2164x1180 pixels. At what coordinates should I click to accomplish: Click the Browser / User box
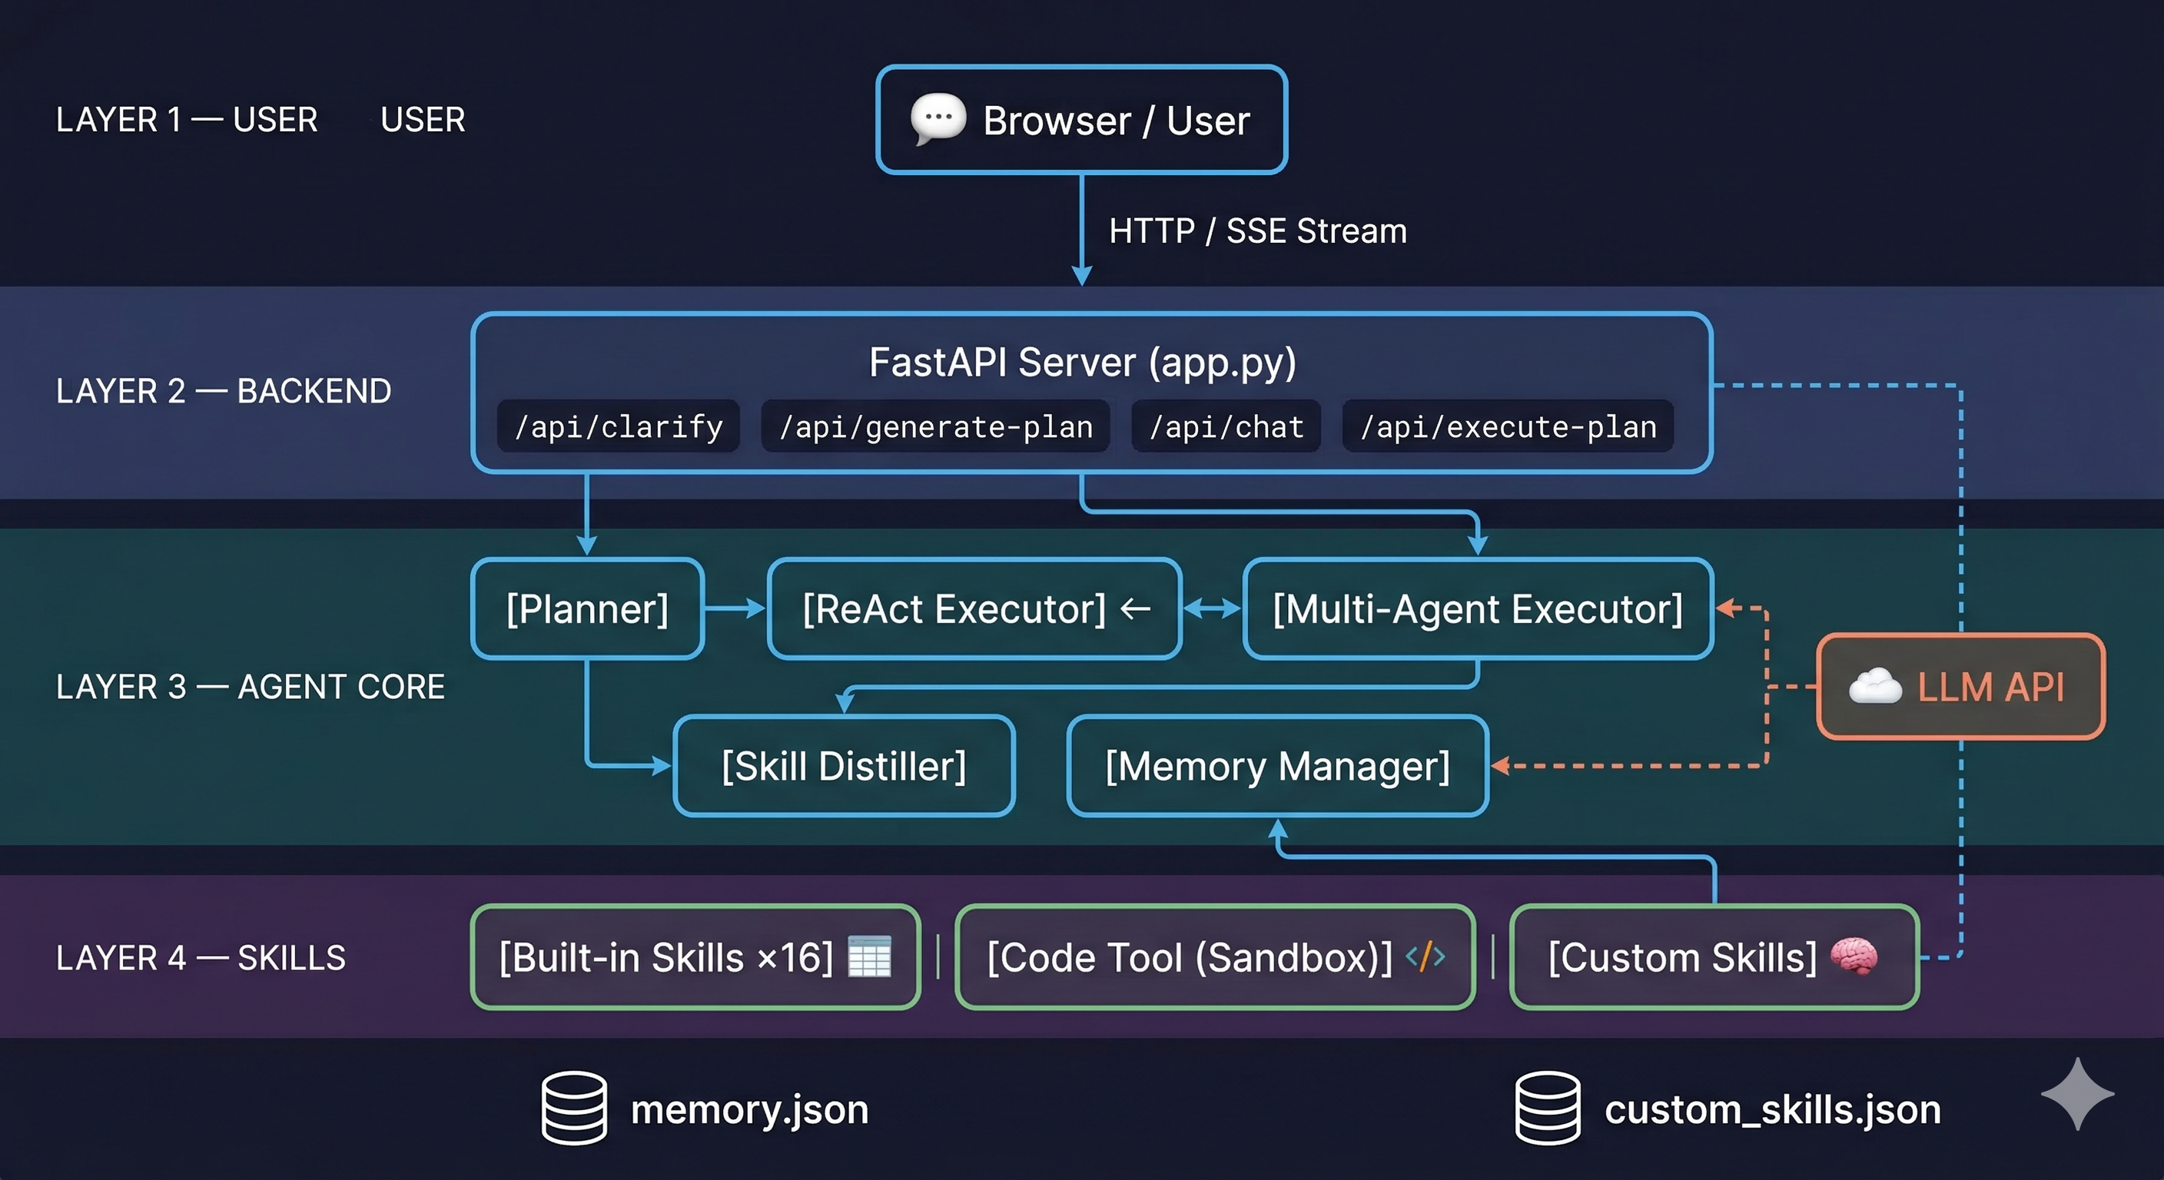(1082, 120)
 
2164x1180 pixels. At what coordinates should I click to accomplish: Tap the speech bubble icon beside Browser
(938, 118)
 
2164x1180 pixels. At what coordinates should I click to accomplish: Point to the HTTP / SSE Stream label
(1257, 231)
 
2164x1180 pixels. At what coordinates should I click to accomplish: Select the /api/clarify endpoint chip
(619, 426)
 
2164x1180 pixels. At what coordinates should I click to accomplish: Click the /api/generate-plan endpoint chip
(935, 426)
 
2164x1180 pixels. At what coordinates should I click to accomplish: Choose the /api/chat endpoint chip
(1226, 426)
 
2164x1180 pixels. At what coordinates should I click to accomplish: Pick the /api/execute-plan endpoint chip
(1508, 426)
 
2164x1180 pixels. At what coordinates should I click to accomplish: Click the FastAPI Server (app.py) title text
(1082, 362)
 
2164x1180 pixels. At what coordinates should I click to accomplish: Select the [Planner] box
(587, 609)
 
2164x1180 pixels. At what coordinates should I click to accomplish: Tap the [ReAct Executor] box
(974, 609)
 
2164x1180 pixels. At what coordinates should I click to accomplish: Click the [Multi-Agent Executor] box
(1478, 609)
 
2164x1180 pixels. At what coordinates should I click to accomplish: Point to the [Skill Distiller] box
(845, 766)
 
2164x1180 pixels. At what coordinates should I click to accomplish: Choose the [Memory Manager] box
(1278, 766)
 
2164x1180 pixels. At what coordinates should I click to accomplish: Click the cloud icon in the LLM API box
(1874, 686)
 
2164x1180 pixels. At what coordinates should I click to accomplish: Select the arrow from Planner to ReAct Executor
(734, 608)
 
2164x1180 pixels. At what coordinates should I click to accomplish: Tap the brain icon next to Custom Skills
(1854, 956)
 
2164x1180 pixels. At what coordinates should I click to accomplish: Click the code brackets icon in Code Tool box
(1426, 956)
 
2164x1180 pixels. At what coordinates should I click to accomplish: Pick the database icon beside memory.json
(574, 1108)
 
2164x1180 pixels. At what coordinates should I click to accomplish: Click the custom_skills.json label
(1773, 1109)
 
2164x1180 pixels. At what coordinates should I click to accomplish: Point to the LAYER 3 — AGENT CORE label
(251, 687)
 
